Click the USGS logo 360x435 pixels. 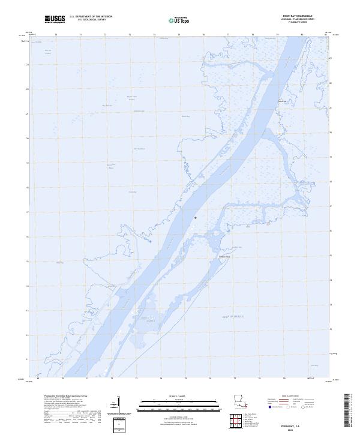tap(55, 19)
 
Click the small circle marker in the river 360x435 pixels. tap(196, 218)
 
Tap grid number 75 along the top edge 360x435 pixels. tap(179, 35)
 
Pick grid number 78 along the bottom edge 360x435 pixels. tap(259, 379)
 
